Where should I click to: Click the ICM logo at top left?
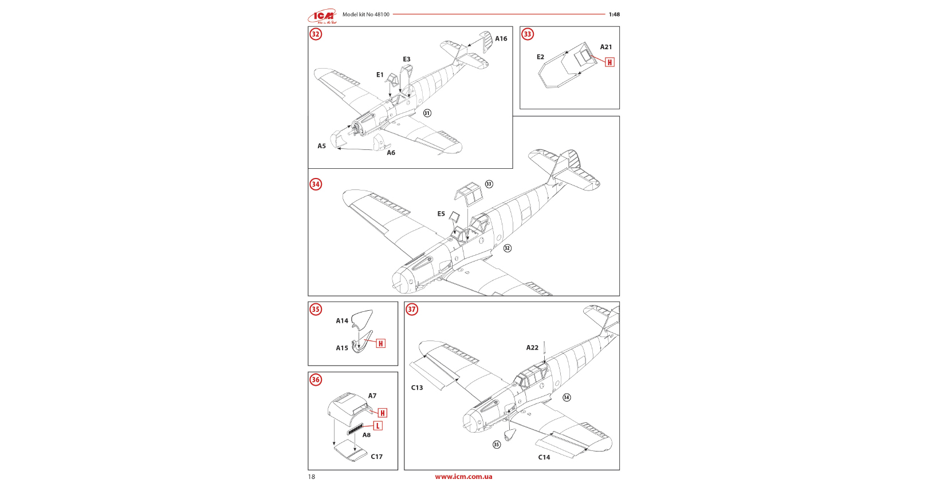pos(322,16)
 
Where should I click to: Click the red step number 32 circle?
pos(316,34)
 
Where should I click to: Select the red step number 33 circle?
pos(528,34)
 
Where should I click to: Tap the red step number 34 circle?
pos(316,184)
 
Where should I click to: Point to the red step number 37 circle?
pos(412,310)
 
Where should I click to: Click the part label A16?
pos(501,39)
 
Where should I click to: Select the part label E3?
pos(407,60)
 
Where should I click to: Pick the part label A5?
pos(322,147)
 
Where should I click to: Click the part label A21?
pos(606,47)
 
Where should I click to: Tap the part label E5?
pos(441,214)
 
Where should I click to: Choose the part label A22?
pos(532,348)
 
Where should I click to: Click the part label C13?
pos(417,388)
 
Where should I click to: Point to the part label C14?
pos(544,457)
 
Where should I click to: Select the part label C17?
pos(376,457)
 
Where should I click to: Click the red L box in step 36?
pos(378,426)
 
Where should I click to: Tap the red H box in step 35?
pos(381,343)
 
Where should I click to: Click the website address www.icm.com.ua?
pos(463,477)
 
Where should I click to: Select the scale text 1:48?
pos(614,15)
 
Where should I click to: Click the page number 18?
pos(312,477)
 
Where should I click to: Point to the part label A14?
pos(342,321)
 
